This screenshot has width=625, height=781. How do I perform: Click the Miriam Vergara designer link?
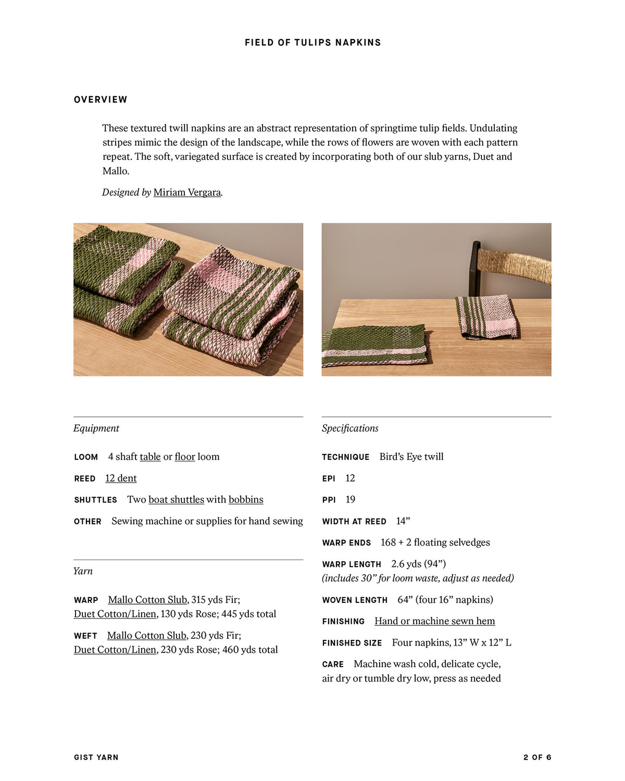[187, 192]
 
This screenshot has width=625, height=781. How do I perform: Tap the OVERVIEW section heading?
[101, 99]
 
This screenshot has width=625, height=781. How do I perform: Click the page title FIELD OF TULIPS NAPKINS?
[312, 43]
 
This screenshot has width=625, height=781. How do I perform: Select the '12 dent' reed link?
[121, 478]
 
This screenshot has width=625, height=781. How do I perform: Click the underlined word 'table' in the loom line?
[150, 457]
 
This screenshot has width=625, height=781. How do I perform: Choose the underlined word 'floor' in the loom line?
[185, 457]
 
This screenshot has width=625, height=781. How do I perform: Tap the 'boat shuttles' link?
[176, 499]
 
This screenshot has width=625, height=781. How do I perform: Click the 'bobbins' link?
[246, 499]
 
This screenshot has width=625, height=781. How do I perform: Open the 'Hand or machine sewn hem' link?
[434, 621]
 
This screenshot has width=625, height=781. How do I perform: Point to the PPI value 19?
[351, 499]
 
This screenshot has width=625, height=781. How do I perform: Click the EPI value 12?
[350, 478]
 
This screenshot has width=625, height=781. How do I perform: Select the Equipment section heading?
[96, 428]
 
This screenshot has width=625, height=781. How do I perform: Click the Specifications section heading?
[350, 428]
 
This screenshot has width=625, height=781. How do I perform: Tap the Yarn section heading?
[83, 571]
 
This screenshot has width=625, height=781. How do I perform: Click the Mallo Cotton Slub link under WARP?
[147, 599]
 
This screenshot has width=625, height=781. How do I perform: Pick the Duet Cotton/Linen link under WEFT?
[115, 649]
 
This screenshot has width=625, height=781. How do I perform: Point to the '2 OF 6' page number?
[537, 757]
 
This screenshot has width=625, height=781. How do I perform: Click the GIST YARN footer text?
[96, 757]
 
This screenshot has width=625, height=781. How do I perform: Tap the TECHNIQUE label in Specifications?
[345, 457]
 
